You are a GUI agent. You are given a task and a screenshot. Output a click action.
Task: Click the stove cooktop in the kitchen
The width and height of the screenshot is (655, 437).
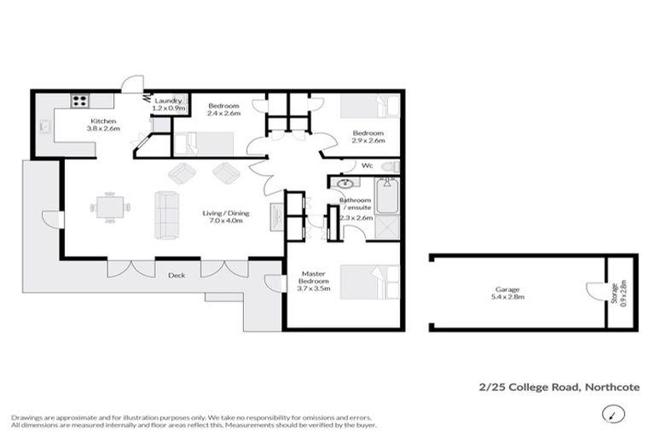(x=79, y=101)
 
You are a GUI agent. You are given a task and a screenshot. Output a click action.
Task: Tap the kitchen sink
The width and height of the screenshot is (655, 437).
(x=44, y=127)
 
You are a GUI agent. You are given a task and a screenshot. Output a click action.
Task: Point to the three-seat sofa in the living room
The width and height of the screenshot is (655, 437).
(x=166, y=215)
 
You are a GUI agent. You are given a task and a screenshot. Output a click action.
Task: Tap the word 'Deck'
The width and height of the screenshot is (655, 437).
(x=176, y=276)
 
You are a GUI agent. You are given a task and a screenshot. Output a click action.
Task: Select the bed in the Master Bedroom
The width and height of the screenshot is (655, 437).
(x=369, y=283)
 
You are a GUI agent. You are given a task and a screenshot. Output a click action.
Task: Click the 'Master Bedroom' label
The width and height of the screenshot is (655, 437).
(x=309, y=279)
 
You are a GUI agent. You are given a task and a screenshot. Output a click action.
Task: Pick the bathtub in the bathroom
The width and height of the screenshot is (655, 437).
(x=388, y=196)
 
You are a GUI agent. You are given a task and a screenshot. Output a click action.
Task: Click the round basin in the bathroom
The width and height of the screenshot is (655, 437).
(x=346, y=183)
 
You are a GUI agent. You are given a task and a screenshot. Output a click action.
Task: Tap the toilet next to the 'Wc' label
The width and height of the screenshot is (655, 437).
(x=388, y=166)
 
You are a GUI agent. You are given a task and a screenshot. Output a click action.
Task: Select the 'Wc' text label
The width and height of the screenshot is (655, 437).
(x=368, y=166)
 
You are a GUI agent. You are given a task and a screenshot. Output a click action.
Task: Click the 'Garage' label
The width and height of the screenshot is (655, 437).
(x=509, y=288)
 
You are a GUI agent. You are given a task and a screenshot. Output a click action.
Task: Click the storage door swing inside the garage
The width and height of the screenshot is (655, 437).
(x=594, y=293)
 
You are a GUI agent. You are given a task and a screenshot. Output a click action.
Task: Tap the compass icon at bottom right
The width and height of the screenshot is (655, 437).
(x=612, y=415)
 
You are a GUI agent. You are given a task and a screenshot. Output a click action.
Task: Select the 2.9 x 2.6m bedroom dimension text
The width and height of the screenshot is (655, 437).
(x=368, y=142)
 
